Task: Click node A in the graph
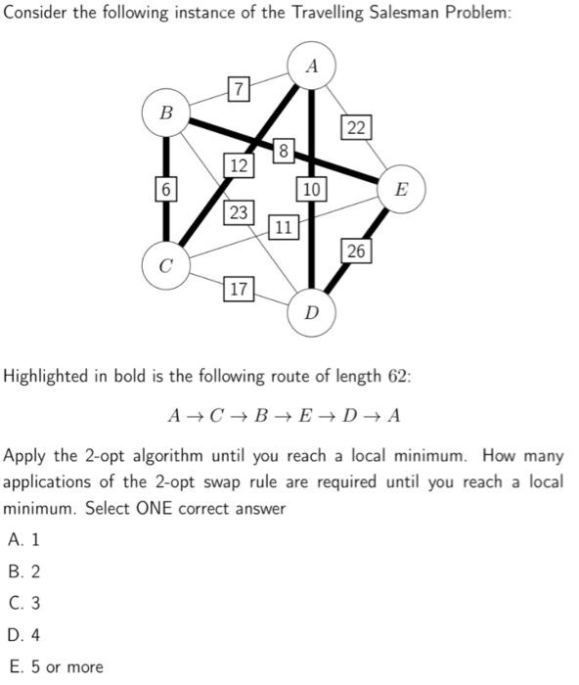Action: pos(311,66)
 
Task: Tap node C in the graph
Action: pos(165,265)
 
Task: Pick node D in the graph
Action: pos(311,313)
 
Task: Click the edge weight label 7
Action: pos(238,89)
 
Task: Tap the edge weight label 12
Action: pos(239,165)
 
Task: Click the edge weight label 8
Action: pos(283,150)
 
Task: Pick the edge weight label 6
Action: pos(165,188)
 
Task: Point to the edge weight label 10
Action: pos(311,188)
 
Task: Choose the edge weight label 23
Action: pos(239,212)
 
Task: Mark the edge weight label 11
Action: pos(283,228)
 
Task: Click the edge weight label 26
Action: pos(355,251)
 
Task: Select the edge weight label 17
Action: pos(239,289)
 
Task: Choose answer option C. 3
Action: pos(23,603)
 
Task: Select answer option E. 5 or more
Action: pos(54,666)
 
